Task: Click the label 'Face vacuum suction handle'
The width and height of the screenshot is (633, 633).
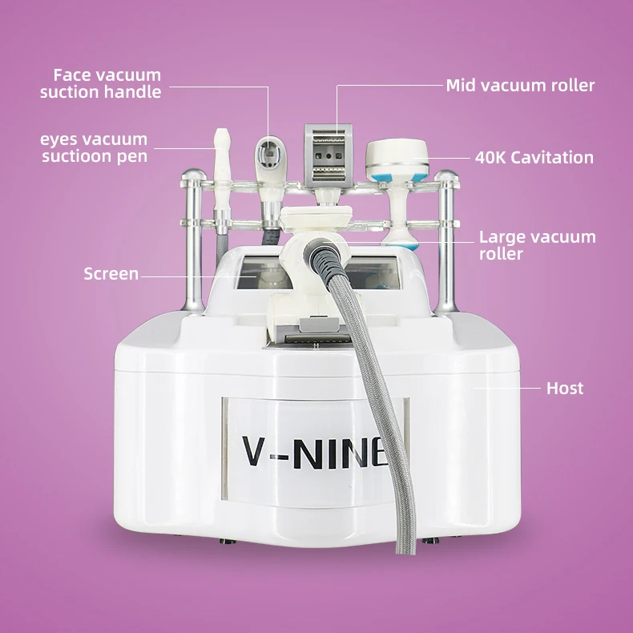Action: point(101,83)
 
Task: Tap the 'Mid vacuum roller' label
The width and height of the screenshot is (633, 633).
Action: point(520,85)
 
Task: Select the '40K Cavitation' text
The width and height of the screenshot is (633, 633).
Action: point(534,157)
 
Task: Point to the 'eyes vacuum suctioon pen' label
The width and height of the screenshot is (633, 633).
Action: point(95,148)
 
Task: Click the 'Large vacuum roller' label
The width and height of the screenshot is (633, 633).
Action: point(537,245)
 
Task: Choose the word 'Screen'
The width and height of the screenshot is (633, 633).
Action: point(111,274)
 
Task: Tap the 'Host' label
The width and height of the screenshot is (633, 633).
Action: point(564,389)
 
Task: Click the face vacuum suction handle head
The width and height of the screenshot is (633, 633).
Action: point(270,156)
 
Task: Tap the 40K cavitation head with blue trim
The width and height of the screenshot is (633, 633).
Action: point(397,160)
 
